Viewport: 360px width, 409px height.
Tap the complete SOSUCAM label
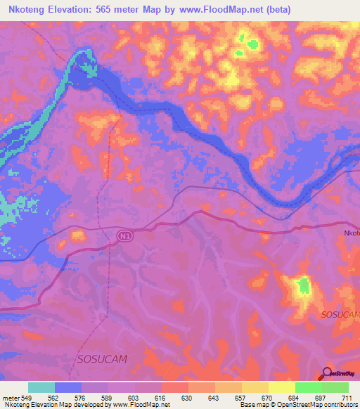tap(101, 358)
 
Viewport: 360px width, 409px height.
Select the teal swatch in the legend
tap(41, 387)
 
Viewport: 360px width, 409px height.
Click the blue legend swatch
tap(68, 387)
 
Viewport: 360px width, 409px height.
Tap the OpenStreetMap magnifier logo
tap(327, 373)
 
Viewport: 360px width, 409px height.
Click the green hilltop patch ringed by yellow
tap(304, 285)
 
